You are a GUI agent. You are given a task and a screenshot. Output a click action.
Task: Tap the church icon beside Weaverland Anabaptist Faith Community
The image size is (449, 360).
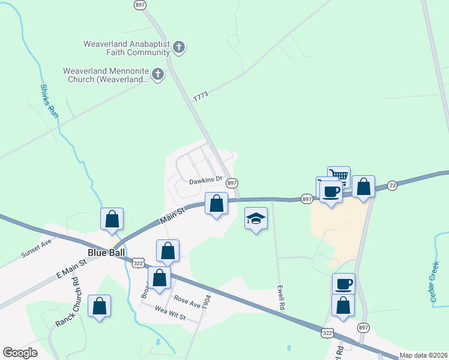178,47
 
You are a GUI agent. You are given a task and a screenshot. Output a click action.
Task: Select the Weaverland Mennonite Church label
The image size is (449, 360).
106,75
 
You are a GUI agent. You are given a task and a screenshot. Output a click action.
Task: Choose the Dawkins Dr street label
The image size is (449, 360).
206,179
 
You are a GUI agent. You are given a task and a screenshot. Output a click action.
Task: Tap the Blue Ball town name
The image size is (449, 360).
106,253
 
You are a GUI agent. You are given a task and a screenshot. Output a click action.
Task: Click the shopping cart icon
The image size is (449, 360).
339,175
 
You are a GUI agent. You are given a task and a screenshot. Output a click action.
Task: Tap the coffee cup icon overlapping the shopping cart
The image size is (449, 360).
331,192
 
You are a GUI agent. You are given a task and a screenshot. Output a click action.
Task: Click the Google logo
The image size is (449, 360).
20,353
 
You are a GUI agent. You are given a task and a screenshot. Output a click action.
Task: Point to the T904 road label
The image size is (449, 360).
207,301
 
